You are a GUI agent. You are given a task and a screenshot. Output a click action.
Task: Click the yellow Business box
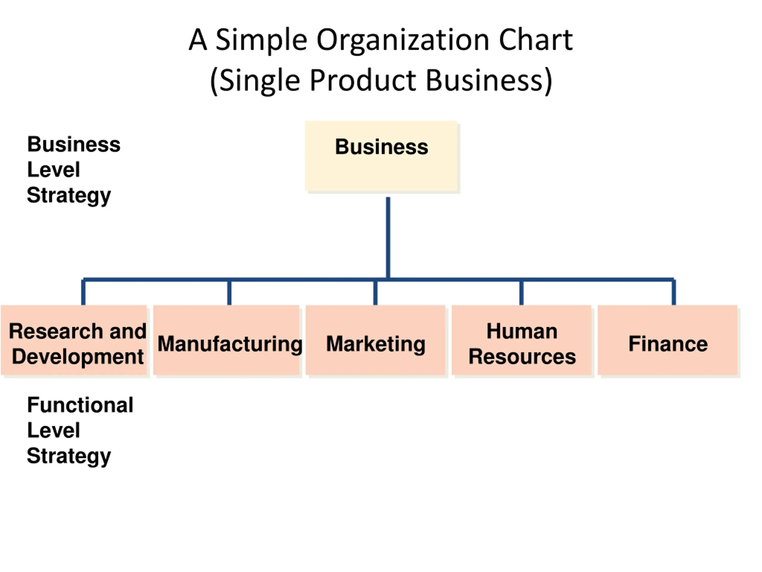(381, 156)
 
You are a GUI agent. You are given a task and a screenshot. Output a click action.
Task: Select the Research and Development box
(74, 340)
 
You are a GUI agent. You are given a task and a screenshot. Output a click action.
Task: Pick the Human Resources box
(521, 340)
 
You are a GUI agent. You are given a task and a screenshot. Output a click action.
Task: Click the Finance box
(668, 340)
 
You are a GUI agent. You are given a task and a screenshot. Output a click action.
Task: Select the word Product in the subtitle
(363, 81)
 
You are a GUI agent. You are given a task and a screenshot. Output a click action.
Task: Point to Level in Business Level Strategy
(53, 170)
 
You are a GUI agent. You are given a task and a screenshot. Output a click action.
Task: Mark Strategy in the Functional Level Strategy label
(69, 456)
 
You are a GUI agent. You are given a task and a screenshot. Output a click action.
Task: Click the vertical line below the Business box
(388, 238)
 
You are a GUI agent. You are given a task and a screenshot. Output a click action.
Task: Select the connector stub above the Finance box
(674, 292)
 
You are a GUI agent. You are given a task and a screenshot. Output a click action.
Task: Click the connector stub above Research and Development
(83, 292)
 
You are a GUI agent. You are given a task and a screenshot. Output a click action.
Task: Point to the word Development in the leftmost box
(77, 357)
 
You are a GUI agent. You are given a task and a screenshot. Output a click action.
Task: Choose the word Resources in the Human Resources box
(522, 357)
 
